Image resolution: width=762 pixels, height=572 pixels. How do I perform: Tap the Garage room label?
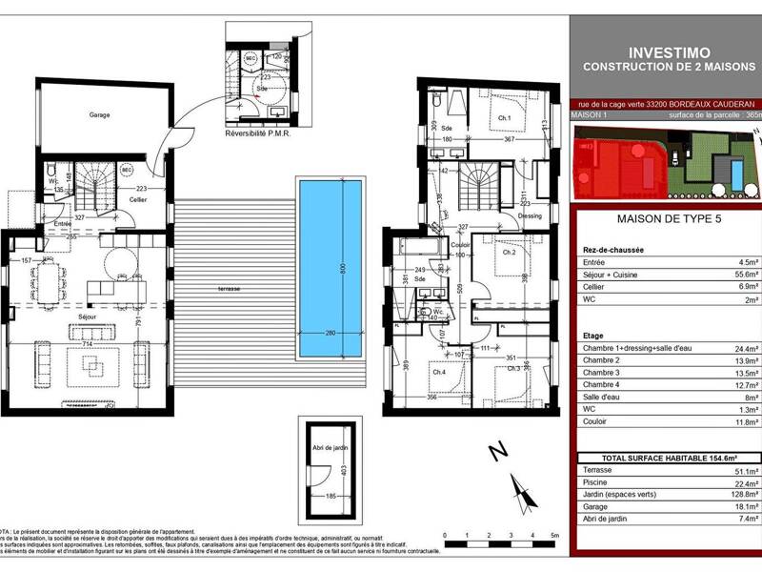point(100,115)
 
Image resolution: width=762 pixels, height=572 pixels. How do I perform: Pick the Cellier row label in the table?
point(596,286)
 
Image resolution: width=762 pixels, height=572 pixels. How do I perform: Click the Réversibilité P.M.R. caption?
point(257,133)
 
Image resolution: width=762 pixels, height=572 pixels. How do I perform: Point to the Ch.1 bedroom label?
point(504,119)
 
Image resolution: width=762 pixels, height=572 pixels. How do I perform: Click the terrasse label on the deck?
point(229,288)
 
